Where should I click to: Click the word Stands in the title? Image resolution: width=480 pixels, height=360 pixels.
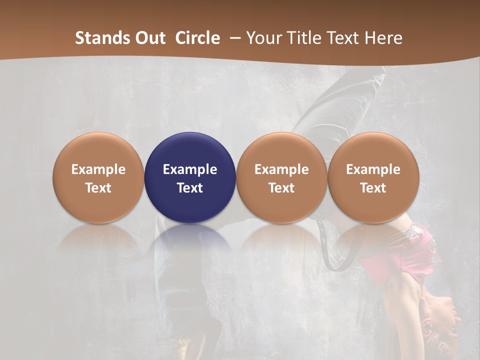coord(98,38)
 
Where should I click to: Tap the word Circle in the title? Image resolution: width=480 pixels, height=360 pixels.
coord(197,38)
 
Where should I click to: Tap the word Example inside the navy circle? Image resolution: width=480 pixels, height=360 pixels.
coord(190,169)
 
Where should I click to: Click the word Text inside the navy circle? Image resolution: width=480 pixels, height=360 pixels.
coord(190,188)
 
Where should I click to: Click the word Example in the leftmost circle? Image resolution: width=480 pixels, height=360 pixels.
coord(98,169)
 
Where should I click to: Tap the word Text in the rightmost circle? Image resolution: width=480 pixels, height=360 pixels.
coord(373,188)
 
